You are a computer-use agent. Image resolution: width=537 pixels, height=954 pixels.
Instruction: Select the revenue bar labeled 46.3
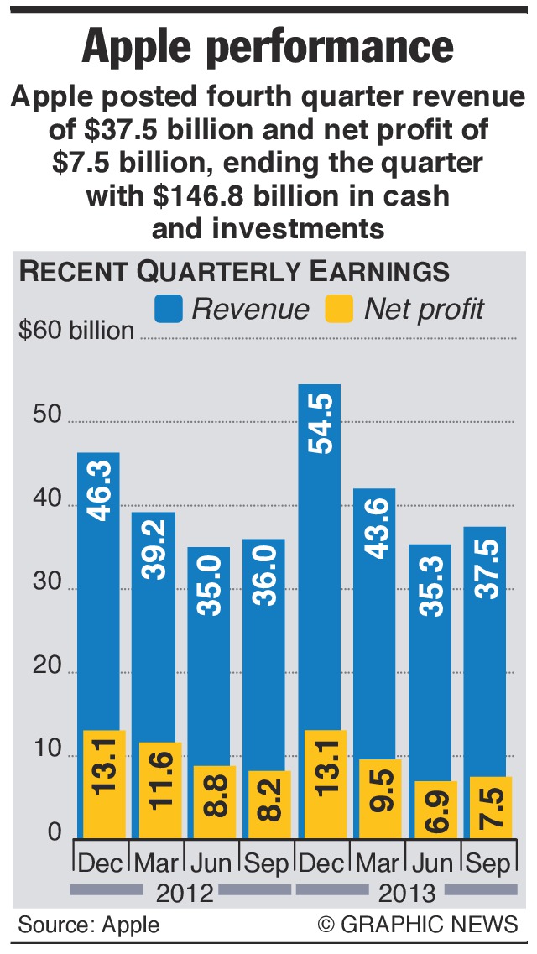click(x=99, y=587)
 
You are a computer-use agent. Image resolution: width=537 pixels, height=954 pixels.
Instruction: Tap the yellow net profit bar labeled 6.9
click(x=430, y=810)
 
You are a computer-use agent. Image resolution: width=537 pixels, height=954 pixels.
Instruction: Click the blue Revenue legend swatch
click(x=169, y=309)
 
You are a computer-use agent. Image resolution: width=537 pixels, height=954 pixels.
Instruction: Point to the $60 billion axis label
click(x=76, y=331)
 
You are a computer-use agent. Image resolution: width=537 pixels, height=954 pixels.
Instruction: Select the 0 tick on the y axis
click(x=55, y=831)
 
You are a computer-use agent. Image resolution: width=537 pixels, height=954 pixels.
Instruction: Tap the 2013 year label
click(x=407, y=891)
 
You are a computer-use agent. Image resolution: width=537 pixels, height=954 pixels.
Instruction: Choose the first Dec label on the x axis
click(x=100, y=863)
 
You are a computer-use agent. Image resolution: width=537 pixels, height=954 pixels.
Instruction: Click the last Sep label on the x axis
click(x=486, y=863)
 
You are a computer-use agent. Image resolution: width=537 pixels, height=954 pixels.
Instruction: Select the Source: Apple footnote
click(x=89, y=925)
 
